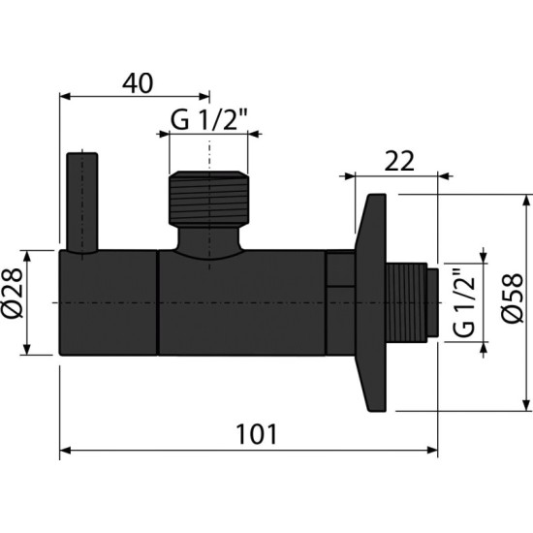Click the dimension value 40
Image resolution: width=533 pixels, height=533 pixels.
138,83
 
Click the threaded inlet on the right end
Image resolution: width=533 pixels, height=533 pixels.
414,302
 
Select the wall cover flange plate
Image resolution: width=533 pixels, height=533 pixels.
372,302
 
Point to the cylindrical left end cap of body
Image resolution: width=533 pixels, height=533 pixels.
109,302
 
